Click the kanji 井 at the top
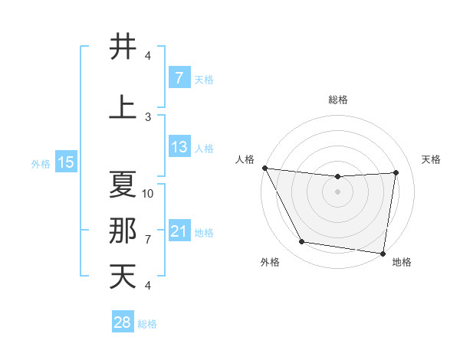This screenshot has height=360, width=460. click(123, 47)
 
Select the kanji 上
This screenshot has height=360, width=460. click(123, 107)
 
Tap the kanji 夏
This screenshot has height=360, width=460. click(123, 185)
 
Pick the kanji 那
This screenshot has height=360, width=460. click(123, 230)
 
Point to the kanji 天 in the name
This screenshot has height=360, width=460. click(123, 276)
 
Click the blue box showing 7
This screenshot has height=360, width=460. click(179, 77)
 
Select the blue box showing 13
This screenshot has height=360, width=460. click(179, 147)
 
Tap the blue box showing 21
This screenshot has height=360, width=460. click(179, 231)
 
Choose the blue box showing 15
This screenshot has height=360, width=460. click(66, 162)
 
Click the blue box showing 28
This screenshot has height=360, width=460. click(122, 322)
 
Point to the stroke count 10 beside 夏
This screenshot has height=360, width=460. click(148, 193)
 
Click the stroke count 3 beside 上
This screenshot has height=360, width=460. click(148, 116)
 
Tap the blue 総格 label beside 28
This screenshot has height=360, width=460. click(147, 324)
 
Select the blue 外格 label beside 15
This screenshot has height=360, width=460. click(41, 163)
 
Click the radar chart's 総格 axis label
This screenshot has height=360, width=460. click(337, 100)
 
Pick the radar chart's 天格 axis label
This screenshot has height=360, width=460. click(432, 159)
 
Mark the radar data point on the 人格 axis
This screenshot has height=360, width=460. click(264, 168)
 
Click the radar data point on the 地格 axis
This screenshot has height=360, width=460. click(383, 253)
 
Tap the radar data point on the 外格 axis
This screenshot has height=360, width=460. click(302, 242)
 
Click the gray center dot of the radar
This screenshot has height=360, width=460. click(337, 192)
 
